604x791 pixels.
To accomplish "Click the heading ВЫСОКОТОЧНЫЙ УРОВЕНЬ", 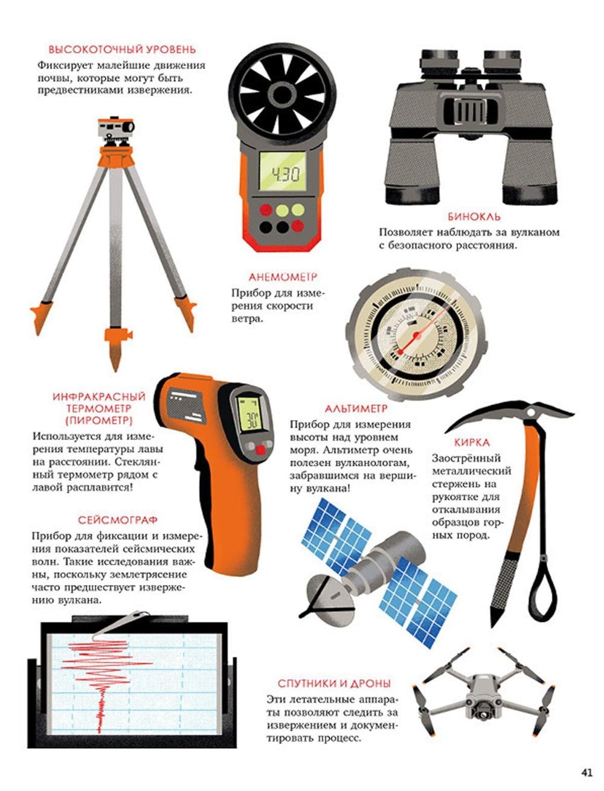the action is [122, 50].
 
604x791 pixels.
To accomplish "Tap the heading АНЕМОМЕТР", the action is [283, 277].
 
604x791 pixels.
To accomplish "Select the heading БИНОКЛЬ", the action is [474, 217].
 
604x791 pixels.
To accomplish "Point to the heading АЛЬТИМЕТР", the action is [356, 409].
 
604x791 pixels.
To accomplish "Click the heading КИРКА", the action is [472, 443].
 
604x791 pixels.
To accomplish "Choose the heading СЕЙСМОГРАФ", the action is [118, 520].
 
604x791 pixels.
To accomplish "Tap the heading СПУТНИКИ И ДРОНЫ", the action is [334, 684].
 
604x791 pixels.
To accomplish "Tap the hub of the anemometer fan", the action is [282, 94].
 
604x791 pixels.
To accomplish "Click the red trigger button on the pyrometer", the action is [260, 450].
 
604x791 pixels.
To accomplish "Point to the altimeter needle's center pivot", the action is [416, 336].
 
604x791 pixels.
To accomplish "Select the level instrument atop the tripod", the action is [116, 130].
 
